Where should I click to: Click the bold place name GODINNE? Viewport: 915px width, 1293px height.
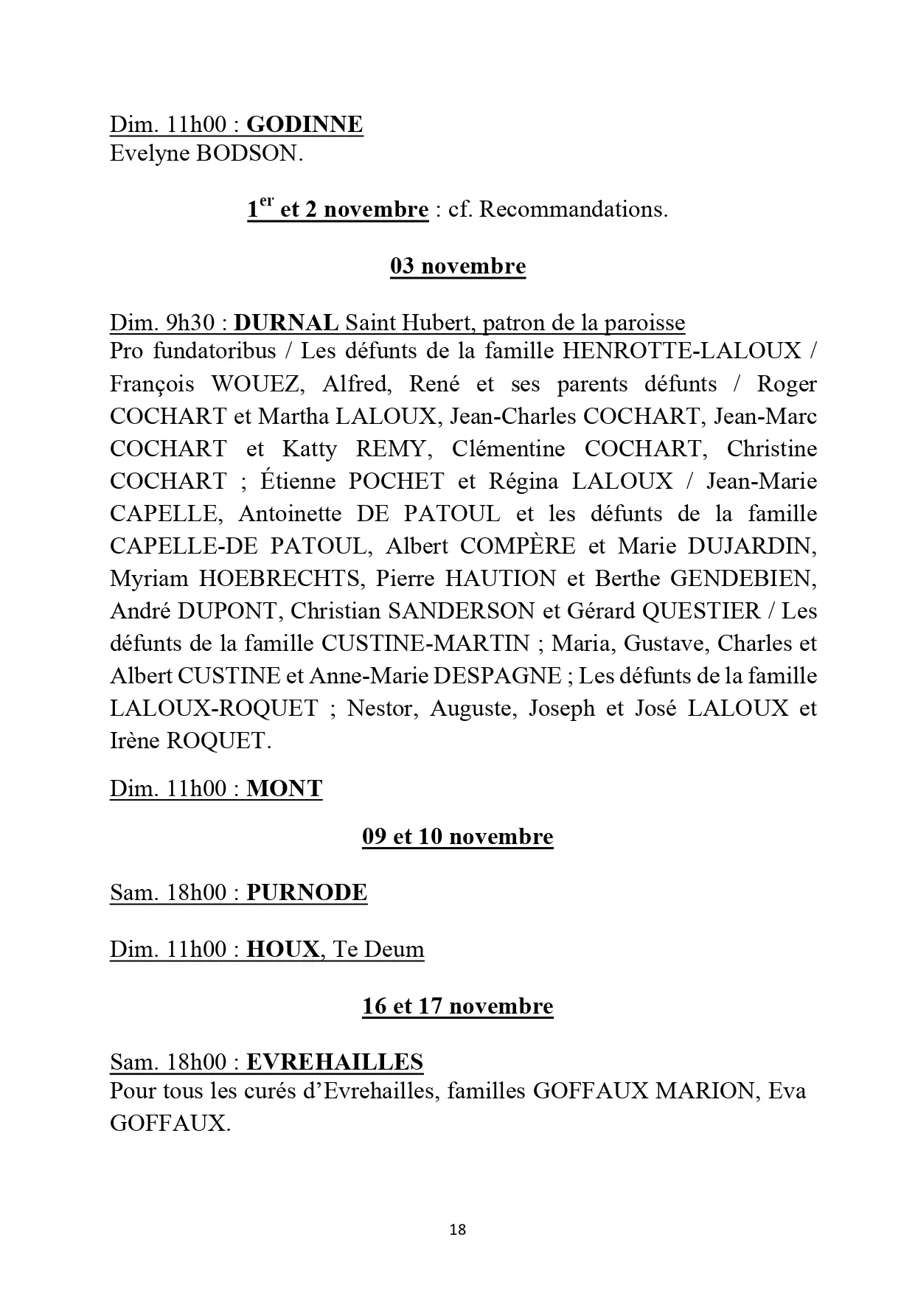click(x=304, y=124)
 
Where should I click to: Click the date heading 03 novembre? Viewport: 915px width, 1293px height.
click(x=457, y=266)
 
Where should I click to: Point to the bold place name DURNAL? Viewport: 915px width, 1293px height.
click(x=286, y=323)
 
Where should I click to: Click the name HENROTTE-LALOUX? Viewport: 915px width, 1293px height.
click(x=681, y=350)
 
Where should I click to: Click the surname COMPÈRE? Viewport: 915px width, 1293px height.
click(x=518, y=546)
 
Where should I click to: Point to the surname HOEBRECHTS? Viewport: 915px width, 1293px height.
click(x=280, y=579)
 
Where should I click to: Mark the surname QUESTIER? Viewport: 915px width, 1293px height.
click(x=701, y=611)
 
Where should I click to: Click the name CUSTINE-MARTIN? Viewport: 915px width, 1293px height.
click(x=425, y=644)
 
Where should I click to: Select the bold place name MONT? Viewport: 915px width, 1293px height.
click(x=284, y=789)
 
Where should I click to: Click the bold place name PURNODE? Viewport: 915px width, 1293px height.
click(x=306, y=893)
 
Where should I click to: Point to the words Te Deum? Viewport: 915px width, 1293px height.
click(x=378, y=949)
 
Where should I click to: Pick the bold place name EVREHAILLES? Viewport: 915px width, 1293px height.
click(x=334, y=1062)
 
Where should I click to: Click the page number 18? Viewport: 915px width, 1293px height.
click(x=457, y=1230)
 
